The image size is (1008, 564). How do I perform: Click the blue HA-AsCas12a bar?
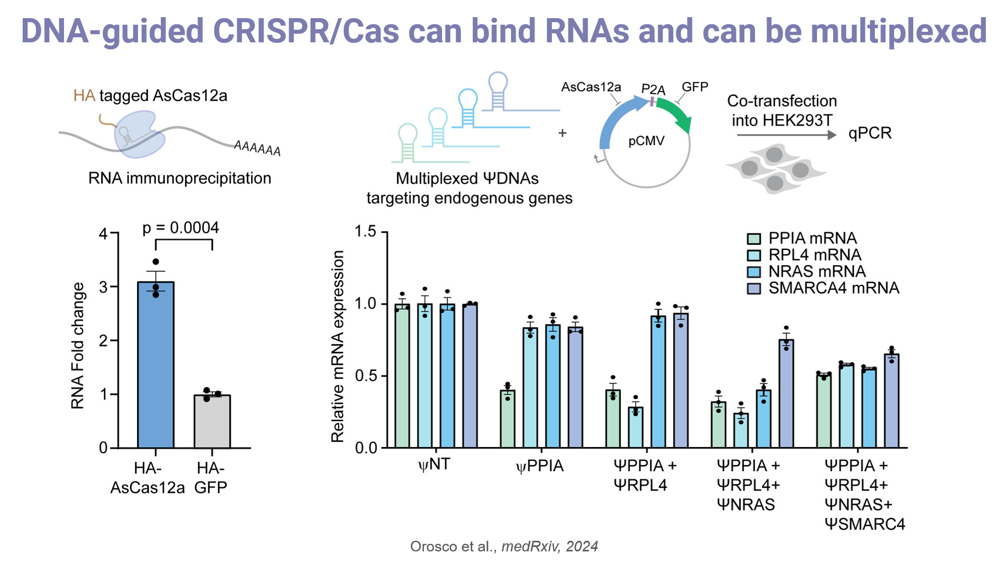[156, 365]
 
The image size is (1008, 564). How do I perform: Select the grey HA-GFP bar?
[212, 421]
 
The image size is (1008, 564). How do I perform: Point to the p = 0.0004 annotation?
[180, 228]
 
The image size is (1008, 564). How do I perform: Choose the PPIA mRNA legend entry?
[802, 238]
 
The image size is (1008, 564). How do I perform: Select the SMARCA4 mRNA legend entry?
[823, 288]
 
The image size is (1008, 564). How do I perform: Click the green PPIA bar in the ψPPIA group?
[508, 419]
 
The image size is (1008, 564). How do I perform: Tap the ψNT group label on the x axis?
[434, 464]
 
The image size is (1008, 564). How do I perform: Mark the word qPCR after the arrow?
[870, 133]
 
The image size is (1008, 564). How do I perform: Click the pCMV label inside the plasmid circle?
[647, 141]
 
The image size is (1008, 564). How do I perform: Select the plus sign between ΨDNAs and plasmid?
[562, 133]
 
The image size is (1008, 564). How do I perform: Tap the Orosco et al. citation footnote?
[504, 546]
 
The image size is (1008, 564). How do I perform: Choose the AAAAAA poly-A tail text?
[258, 148]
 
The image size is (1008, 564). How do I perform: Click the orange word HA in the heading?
[84, 95]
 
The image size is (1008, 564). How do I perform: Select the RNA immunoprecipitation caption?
[180, 178]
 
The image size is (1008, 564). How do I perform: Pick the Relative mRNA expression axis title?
[338, 346]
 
